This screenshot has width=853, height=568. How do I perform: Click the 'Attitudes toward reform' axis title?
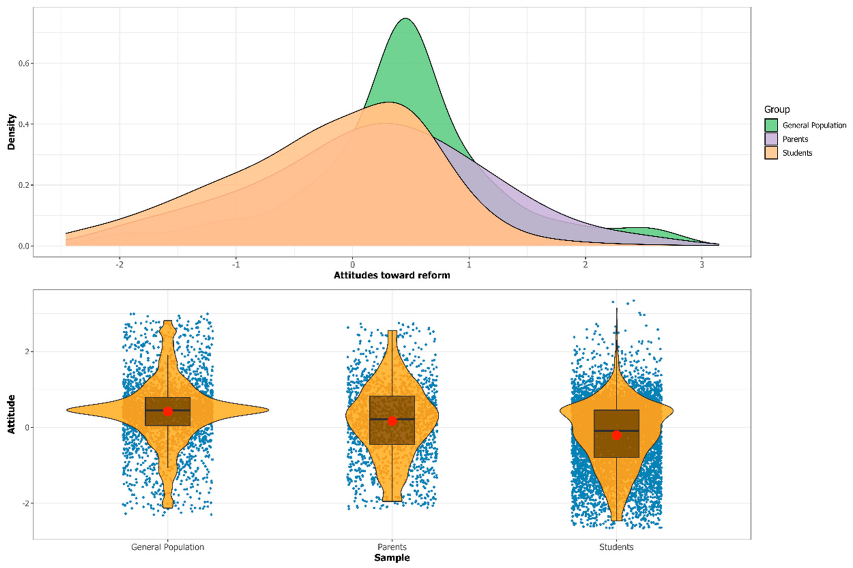(392, 275)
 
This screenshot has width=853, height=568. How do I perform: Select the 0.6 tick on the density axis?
(24, 63)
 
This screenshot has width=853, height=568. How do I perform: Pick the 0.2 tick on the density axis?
(24, 185)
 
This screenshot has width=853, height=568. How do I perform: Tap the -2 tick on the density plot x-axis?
(119, 264)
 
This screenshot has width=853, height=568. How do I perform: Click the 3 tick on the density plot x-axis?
(702, 264)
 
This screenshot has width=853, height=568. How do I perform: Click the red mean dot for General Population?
(168, 411)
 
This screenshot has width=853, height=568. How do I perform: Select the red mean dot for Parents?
(392, 421)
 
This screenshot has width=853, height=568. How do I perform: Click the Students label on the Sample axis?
(616, 547)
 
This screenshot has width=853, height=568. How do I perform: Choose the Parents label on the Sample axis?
(392, 547)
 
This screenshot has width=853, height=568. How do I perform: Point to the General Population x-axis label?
(168, 547)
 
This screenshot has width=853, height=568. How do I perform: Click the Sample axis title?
(392, 558)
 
